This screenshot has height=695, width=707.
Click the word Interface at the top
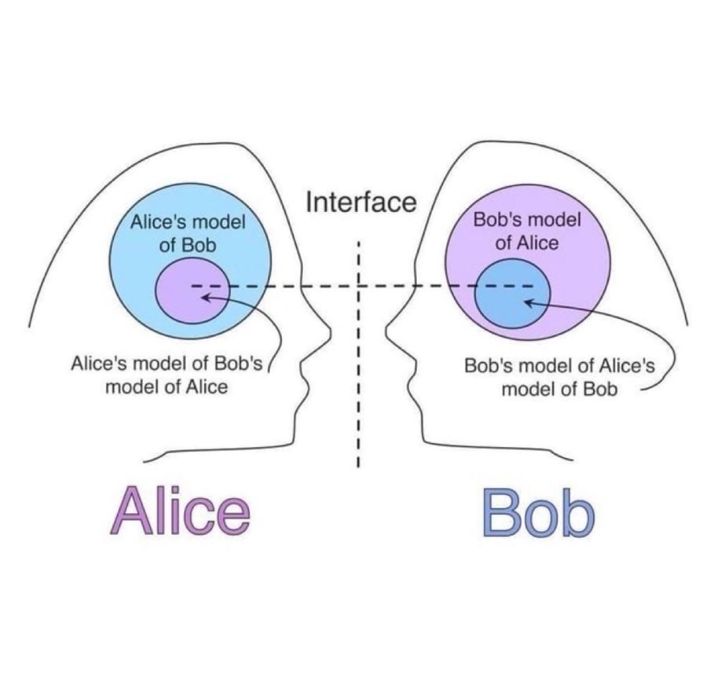360,202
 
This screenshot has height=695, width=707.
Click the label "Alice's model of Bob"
188,233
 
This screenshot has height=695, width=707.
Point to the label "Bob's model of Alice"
527,231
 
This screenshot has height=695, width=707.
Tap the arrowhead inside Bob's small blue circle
528,303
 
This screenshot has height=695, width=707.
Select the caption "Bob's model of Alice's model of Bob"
559,377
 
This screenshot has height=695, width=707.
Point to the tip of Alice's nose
329,329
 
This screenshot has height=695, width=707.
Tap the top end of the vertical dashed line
357,242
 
